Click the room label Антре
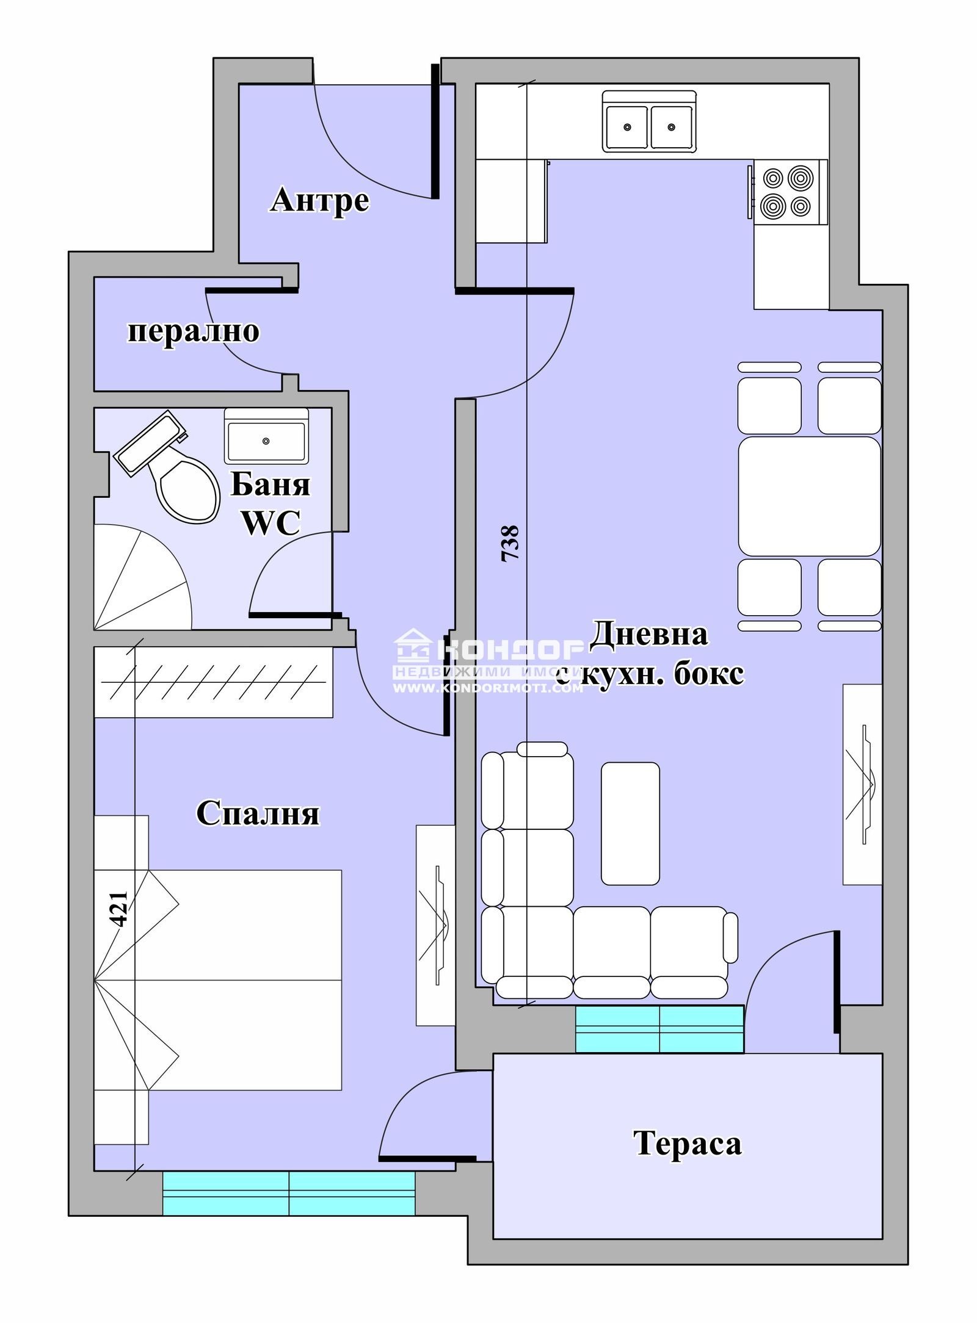click(319, 200)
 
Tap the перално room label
click(193, 332)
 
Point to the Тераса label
click(688, 1143)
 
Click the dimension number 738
click(510, 543)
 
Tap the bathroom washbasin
click(266, 436)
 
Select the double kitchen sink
click(649, 121)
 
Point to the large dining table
click(810, 496)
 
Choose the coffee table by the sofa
click(630, 823)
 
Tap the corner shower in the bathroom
click(142, 578)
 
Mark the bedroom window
click(289, 1193)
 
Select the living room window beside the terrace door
click(659, 1028)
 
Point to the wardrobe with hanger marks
click(213, 682)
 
